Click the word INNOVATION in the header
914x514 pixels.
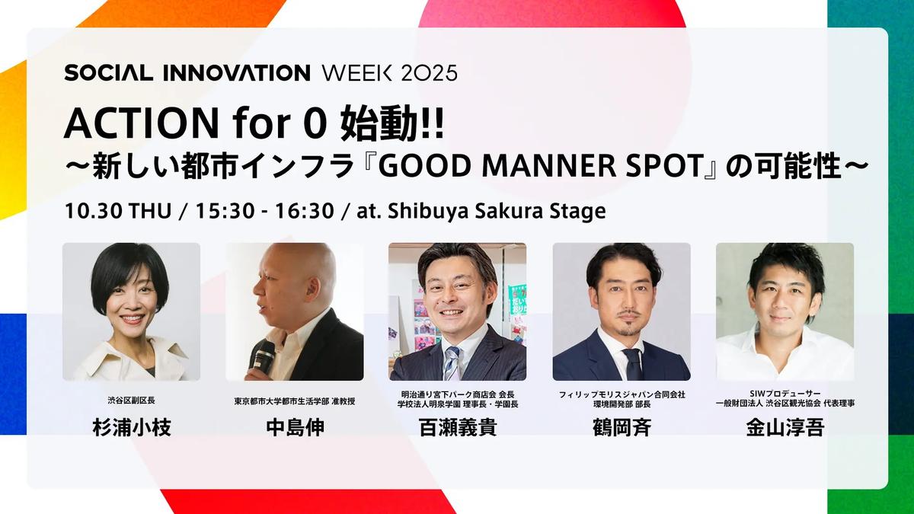pos(236,73)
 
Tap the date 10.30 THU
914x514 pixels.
pos(118,211)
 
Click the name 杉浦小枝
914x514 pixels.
pos(131,427)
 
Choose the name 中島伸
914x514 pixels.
pos(295,427)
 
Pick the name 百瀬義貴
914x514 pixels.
pos(458,427)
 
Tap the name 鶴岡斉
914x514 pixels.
pos(622,427)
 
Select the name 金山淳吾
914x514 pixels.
pos(785,427)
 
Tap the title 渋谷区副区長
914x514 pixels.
pos(131,401)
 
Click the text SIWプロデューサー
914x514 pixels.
pos(785,394)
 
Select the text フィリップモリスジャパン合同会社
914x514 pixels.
pos(622,394)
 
